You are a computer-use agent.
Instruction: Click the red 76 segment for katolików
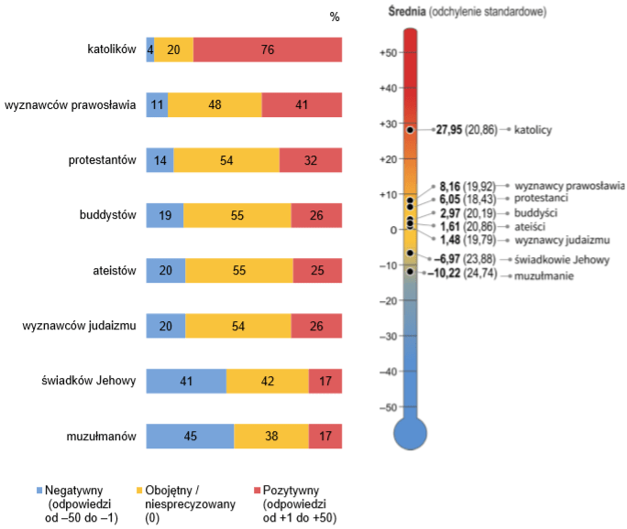(268, 50)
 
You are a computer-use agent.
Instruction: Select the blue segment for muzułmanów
(190, 437)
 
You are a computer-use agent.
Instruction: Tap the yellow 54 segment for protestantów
(226, 160)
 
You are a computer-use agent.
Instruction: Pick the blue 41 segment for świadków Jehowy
(186, 382)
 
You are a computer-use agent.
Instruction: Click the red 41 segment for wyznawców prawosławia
(302, 105)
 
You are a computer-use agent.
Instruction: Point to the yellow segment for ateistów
(239, 271)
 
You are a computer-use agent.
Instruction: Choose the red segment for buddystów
(316, 216)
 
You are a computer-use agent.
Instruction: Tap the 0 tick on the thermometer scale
(391, 231)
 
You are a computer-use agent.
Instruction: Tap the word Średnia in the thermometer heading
(407, 12)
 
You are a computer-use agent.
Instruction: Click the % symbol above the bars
(335, 16)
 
